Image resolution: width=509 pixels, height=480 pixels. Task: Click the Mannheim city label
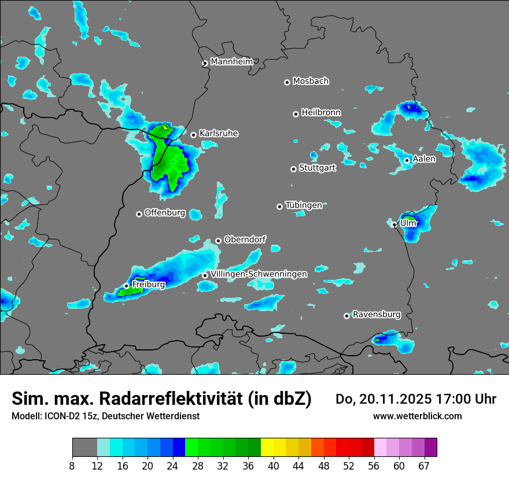pyautogui.click(x=232, y=61)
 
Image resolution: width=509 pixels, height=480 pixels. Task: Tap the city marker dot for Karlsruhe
pyautogui.click(x=194, y=135)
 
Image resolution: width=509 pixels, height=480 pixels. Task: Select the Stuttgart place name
pyautogui.click(x=317, y=168)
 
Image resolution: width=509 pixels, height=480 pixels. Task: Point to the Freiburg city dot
pyautogui.click(x=127, y=286)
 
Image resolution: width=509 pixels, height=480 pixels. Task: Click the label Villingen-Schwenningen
pyautogui.click(x=259, y=274)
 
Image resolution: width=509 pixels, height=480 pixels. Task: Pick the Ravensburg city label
pyautogui.click(x=377, y=315)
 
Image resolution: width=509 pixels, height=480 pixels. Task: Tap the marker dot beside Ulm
pyautogui.click(x=394, y=224)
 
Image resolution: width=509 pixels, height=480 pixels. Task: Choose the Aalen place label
pyautogui.click(x=424, y=159)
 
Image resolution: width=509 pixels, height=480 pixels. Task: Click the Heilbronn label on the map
pyautogui.click(x=321, y=112)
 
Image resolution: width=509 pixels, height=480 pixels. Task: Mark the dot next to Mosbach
pyautogui.click(x=287, y=82)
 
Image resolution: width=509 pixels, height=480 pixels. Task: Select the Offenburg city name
pyautogui.click(x=165, y=213)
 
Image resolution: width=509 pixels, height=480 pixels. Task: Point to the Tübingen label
pyautogui.click(x=303, y=205)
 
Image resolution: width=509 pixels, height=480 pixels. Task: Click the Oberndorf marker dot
pyautogui.click(x=218, y=241)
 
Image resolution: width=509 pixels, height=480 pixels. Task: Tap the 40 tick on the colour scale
pyautogui.click(x=273, y=466)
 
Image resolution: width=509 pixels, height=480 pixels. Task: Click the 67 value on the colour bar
pyautogui.click(x=424, y=466)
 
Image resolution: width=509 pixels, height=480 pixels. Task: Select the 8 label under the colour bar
pyautogui.click(x=72, y=466)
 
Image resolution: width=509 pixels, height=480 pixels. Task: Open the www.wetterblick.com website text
pyautogui.click(x=418, y=416)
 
